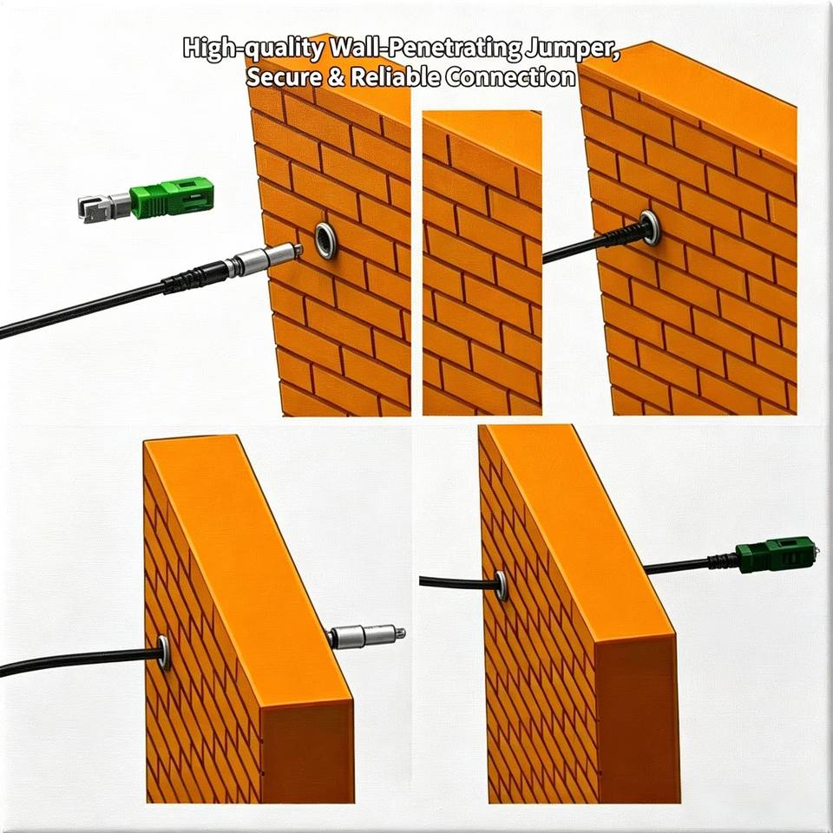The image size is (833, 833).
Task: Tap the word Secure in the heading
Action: pyautogui.click(x=284, y=77)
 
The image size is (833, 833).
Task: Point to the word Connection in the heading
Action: pyautogui.click(x=510, y=77)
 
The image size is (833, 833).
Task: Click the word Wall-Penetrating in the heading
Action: pyautogui.click(x=425, y=49)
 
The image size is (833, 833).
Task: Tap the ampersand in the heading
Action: pyautogui.click(x=336, y=77)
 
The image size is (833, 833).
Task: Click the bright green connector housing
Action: pyautogui.click(x=172, y=198)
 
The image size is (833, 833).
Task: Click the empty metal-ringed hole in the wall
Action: pyautogui.click(x=325, y=240)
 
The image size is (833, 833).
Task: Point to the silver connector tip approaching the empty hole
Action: pyautogui.click(x=264, y=259)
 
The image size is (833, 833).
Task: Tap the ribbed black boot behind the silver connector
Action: pyautogui.click(x=193, y=275)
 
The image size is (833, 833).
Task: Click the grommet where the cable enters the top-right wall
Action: pyautogui.click(x=650, y=227)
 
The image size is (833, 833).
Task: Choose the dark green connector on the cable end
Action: pyautogui.click(x=775, y=555)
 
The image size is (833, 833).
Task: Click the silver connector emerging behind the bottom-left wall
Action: pyautogui.click(x=365, y=636)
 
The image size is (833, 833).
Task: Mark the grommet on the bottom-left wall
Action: pyautogui.click(x=164, y=652)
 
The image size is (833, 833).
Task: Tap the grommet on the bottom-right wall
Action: pyautogui.click(x=501, y=586)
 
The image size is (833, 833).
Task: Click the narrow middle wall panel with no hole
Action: pyautogui.click(x=482, y=263)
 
